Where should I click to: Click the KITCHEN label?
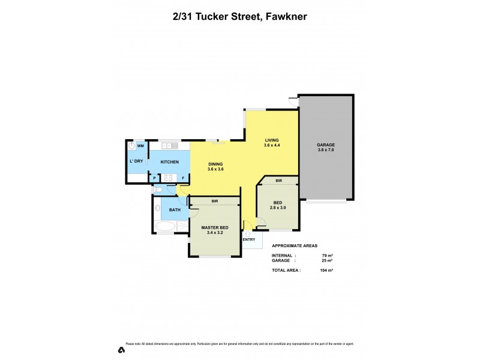[x=169, y=162]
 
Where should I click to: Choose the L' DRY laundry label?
[x=136, y=161]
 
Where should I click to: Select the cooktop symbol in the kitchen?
[x=169, y=178]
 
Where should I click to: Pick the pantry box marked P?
[x=154, y=178]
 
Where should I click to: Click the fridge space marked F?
[x=182, y=178]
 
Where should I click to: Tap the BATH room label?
[x=175, y=209]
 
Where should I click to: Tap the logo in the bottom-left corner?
[x=121, y=350]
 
